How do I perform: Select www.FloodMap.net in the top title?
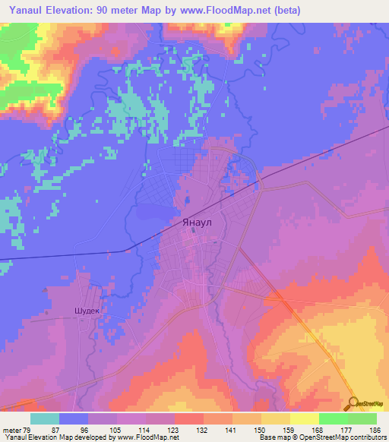tap(227, 11)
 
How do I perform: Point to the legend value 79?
tap(31, 429)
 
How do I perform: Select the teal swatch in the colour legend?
tap(46, 418)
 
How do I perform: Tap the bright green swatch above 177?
tap(333, 418)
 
